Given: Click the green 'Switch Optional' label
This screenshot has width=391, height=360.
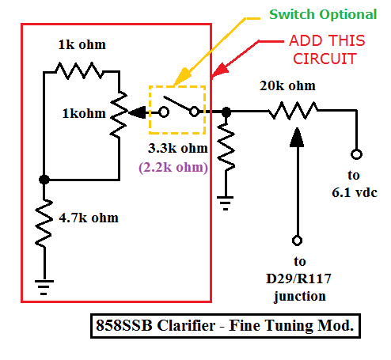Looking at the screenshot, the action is [323, 14].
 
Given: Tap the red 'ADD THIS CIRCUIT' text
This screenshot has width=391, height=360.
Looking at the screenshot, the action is [327, 50].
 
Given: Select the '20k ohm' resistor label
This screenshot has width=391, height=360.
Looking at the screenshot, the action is [287, 86].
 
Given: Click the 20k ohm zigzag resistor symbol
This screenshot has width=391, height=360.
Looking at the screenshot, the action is [293, 111].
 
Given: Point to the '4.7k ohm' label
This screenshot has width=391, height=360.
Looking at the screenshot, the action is [89, 218].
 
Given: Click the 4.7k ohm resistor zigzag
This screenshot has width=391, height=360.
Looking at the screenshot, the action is [44, 224].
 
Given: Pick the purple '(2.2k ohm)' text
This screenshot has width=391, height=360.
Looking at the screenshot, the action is [173, 168].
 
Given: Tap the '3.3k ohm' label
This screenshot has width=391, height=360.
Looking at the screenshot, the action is [178, 148].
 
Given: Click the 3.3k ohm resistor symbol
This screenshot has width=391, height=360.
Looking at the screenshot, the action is [226, 148].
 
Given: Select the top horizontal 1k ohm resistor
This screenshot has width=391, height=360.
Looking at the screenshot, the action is [79, 70].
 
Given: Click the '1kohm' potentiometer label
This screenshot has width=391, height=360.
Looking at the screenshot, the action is [84, 114].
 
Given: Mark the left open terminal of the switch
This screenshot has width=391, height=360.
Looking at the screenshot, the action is [164, 112].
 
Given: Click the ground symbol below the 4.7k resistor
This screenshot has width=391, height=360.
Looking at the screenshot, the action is [44, 287].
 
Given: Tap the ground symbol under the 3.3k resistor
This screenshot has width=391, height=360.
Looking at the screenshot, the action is [225, 203].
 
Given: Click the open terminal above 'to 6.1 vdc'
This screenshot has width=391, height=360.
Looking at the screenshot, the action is [356, 154].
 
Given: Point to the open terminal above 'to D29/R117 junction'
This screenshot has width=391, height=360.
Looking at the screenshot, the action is [298, 241].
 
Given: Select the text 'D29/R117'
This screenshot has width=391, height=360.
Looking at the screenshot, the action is [298, 279].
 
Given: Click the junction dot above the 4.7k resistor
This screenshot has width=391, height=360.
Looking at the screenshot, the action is [44, 180].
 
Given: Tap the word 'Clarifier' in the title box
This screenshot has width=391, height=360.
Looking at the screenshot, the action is [186, 325].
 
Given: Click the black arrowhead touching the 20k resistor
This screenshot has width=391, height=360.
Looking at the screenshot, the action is [297, 137].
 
